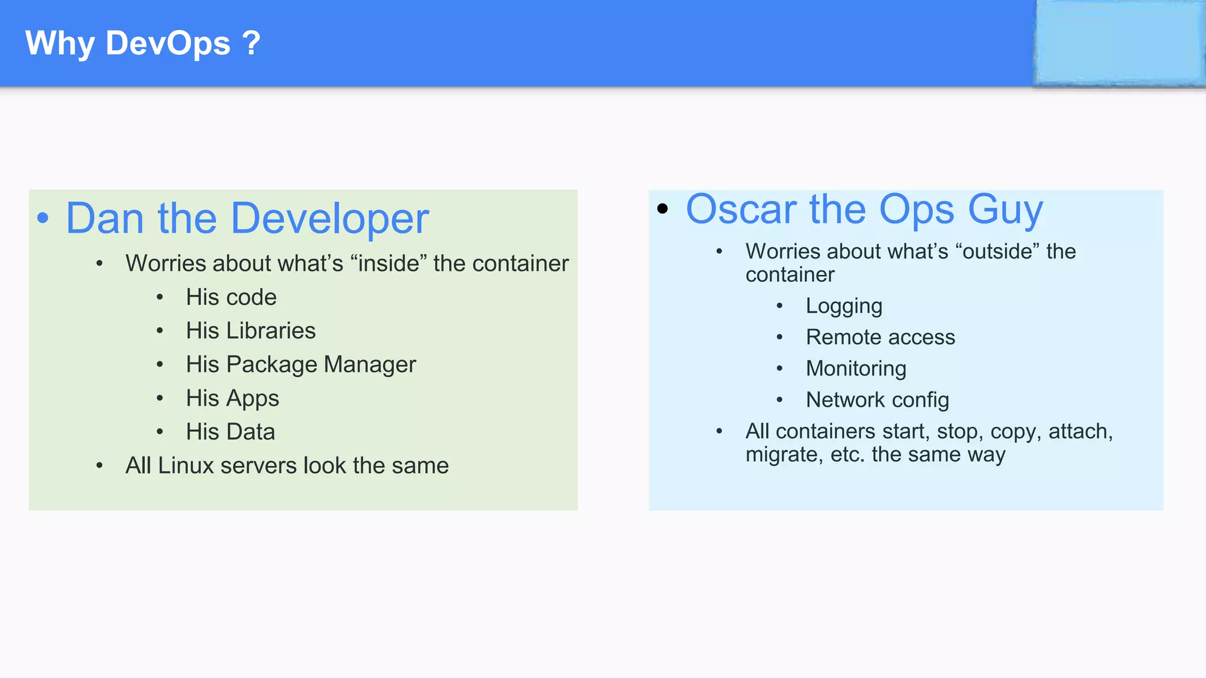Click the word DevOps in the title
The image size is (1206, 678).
coord(168,44)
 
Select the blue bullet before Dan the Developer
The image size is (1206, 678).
coord(43,218)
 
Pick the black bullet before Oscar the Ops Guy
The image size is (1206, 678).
coord(662,208)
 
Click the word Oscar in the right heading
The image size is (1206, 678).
coord(742,210)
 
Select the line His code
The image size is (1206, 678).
coord(231,297)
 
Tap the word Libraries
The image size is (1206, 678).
coord(271,331)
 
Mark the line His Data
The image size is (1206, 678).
coord(230,432)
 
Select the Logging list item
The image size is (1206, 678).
coord(844,306)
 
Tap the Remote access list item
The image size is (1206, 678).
coord(880,337)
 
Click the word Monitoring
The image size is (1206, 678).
coord(856,368)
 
